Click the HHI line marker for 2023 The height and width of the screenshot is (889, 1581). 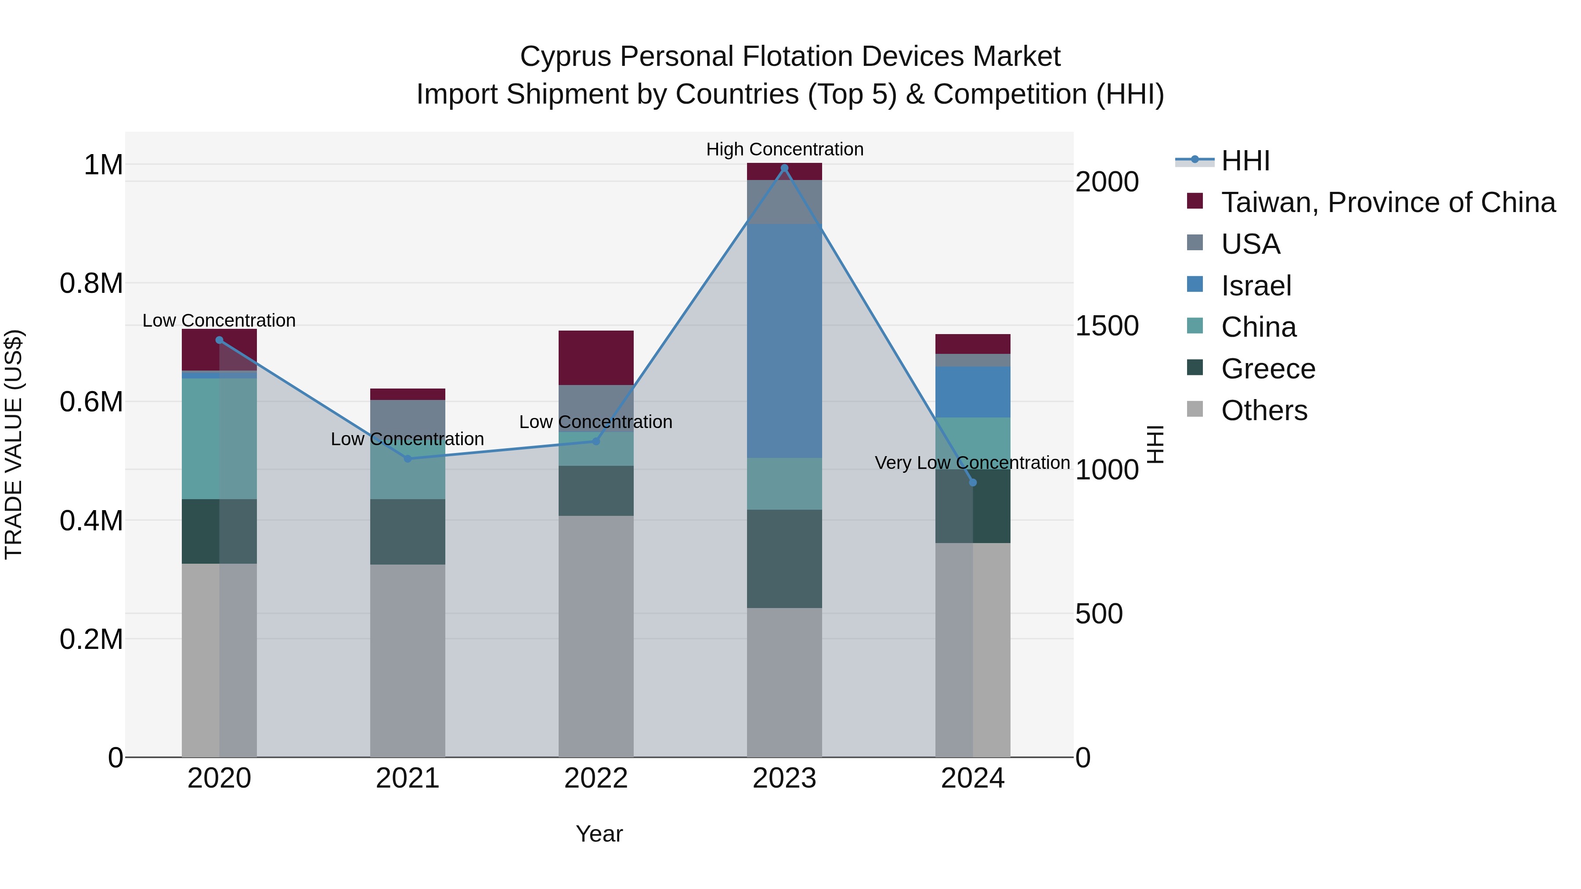coord(784,168)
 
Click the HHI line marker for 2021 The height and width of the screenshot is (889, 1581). coord(408,458)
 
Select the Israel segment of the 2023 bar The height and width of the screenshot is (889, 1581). coord(784,341)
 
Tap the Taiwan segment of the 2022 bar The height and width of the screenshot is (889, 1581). coord(596,358)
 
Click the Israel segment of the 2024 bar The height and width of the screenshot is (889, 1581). coord(972,392)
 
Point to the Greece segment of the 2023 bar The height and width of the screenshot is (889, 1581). coord(784,558)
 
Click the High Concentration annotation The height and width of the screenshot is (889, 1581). coord(784,149)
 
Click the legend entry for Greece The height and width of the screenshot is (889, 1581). coord(1268,369)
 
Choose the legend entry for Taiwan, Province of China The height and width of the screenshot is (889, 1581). coord(1388,202)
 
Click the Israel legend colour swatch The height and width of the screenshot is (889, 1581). coord(1195,284)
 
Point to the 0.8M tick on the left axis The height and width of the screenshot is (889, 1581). coord(91,284)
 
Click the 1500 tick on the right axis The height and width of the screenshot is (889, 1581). coord(1107,326)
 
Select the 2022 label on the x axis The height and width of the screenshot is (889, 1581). coord(596,778)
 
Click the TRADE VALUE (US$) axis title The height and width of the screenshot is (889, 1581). coord(14,444)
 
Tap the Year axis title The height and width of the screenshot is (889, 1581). coord(599,834)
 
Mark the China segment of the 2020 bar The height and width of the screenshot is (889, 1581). coord(219,438)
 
